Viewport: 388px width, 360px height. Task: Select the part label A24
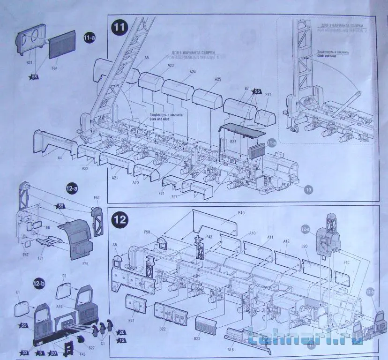tap(193, 72)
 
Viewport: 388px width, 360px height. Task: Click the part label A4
tap(60, 158)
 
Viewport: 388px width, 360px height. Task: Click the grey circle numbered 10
tap(308, 189)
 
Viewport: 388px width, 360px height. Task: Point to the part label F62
tap(97, 198)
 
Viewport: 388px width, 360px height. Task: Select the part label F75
tap(85, 263)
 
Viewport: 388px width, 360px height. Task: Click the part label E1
tap(18, 292)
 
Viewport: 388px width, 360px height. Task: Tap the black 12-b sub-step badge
tap(39, 283)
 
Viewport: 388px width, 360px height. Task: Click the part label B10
tap(241, 213)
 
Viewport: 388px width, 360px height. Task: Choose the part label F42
tap(209, 237)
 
